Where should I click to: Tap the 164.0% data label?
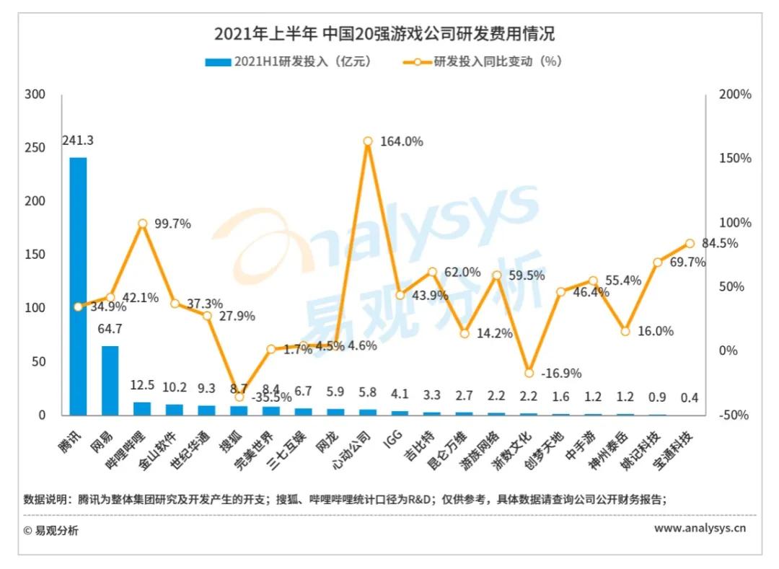pos(402,142)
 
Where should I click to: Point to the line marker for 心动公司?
pos(368,141)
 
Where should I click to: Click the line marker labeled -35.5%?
pos(239,397)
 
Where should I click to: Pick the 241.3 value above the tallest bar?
pos(78,141)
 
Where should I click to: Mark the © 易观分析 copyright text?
pos(50,531)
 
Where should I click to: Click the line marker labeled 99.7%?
pos(143,224)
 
